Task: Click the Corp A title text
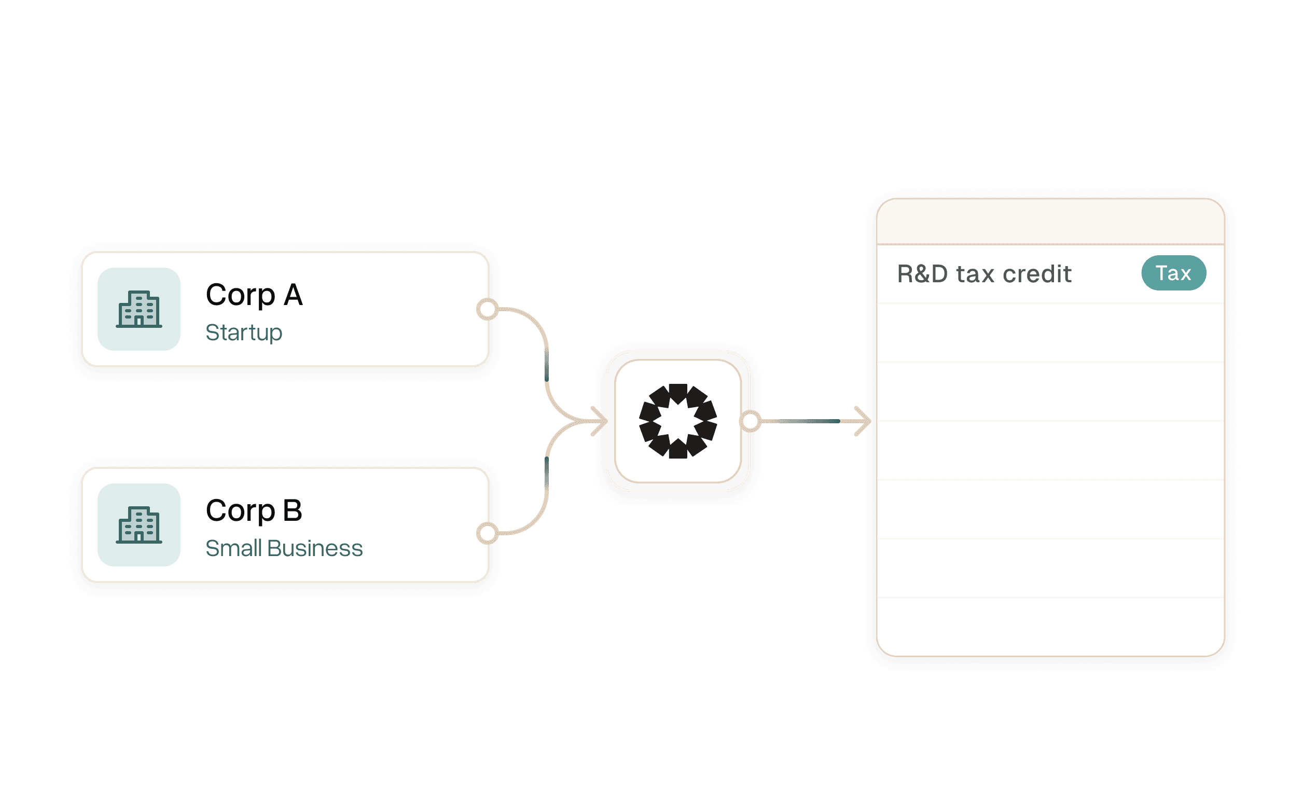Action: tap(254, 295)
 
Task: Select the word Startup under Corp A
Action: tap(244, 333)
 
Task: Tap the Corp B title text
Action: tap(254, 511)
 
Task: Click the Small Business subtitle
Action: tap(284, 549)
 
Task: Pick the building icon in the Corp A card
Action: tap(139, 309)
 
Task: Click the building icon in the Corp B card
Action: tap(139, 525)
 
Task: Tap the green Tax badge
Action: tap(1173, 273)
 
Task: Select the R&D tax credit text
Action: tap(984, 274)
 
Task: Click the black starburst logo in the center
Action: tap(678, 421)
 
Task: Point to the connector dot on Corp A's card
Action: tap(488, 309)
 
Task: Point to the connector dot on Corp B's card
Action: tap(488, 533)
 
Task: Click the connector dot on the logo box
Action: tap(750, 421)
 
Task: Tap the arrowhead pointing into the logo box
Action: tap(600, 421)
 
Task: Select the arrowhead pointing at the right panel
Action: tap(862, 421)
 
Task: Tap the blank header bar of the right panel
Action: tap(1050, 222)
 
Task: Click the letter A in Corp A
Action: tap(293, 295)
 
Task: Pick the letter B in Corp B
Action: tap(293, 511)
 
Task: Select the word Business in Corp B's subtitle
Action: tap(315, 549)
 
